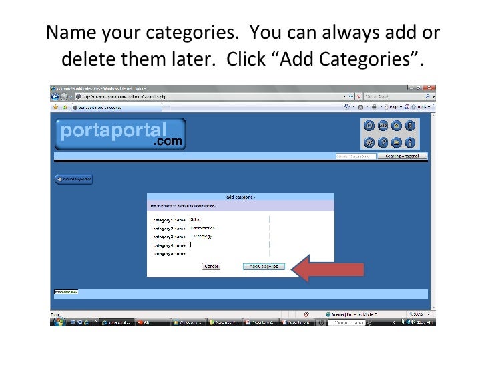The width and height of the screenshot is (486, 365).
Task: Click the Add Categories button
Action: tap(264, 266)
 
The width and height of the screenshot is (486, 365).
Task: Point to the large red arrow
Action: tap(330, 270)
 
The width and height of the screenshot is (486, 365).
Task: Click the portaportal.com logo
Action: tap(120, 134)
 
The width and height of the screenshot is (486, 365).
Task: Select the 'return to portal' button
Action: tap(73, 179)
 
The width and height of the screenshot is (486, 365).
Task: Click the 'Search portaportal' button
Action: tap(402, 156)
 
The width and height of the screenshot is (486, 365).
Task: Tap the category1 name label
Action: tap(169, 219)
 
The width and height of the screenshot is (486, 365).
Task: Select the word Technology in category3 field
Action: tap(202, 236)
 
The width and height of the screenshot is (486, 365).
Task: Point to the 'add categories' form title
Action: tap(240, 197)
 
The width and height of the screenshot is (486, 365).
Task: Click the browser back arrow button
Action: tap(56, 96)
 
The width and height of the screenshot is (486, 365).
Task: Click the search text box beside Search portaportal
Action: tap(356, 156)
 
